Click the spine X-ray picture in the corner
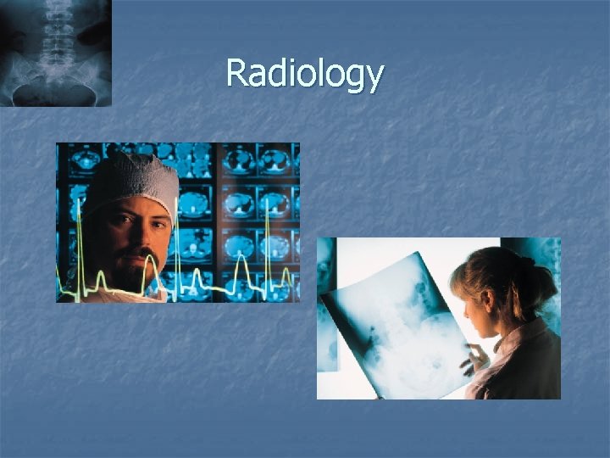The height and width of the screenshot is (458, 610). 55,53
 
